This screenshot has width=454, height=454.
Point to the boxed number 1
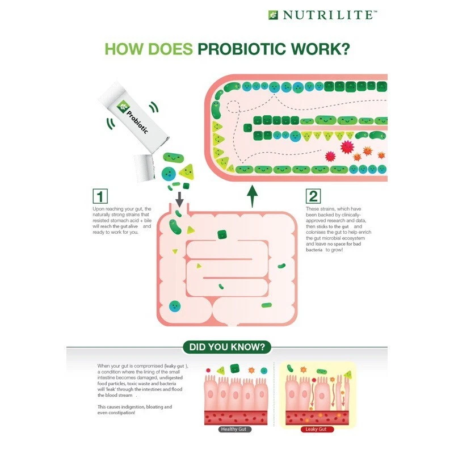point(100,196)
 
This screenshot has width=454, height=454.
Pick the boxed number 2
point(313,196)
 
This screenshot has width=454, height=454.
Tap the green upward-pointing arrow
point(253,199)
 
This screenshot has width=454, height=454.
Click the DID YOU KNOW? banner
point(226,347)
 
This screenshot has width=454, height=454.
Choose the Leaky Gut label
point(317,430)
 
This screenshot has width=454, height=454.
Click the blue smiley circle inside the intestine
point(175,307)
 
